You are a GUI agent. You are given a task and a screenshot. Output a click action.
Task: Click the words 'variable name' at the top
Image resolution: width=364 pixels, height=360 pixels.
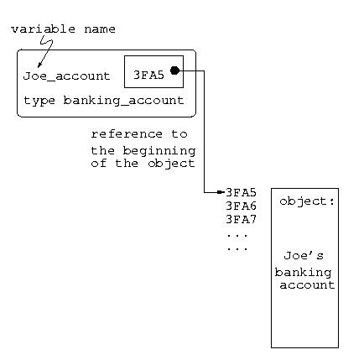[63, 29]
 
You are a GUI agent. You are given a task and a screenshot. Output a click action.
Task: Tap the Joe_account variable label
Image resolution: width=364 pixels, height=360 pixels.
[66, 76]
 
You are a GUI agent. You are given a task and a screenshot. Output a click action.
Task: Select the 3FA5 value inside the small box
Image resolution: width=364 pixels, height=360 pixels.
[148, 75]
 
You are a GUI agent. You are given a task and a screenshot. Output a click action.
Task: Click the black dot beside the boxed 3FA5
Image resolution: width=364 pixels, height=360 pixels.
[174, 70]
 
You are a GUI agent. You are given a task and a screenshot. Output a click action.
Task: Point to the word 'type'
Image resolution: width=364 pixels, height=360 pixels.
[39, 101]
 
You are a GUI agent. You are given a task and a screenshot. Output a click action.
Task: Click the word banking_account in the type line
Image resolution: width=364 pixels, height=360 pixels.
[123, 101]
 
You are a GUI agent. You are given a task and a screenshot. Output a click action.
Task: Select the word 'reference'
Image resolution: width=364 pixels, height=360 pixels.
[127, 134]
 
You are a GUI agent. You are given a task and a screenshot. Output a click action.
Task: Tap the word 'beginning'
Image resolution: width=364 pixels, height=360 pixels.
[159, 151]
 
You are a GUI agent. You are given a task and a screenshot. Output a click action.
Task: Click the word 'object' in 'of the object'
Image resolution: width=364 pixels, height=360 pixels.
[171, 164]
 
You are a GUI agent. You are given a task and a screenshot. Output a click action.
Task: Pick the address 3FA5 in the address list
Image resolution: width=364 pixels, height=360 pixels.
[241, 192]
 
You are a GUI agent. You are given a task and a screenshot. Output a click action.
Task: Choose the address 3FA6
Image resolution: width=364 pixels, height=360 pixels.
[241, 206]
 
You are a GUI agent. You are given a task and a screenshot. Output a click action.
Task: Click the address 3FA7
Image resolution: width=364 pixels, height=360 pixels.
[241, 219]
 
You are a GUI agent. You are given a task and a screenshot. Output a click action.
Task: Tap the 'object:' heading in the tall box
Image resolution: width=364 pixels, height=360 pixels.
[307, 201]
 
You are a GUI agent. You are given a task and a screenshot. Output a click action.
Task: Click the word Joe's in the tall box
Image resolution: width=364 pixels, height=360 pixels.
[304, 255]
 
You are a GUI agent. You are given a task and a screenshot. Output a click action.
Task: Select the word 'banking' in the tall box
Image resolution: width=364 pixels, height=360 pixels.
[303, 273]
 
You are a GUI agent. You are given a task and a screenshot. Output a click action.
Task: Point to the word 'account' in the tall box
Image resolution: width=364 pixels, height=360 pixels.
[307, 285]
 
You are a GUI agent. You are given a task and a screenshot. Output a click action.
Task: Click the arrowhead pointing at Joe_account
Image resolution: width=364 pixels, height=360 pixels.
[39, 65]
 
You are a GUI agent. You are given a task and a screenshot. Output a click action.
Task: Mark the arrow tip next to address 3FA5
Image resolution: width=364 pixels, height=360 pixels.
[221, 192]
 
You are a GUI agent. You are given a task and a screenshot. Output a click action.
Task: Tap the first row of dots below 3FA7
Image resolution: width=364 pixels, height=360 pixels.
[237, 236]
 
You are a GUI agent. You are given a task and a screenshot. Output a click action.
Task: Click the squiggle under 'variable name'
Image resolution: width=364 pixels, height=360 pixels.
[46, 44]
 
